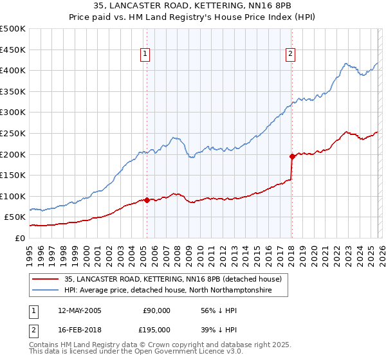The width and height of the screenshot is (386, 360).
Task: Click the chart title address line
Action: (x=192, y=6)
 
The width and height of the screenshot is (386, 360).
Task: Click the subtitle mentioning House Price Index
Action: (x=192, y=18)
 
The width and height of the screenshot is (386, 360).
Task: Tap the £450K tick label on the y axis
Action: (x=13, y=50)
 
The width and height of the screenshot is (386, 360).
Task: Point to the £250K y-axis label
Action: (x=13, y=133)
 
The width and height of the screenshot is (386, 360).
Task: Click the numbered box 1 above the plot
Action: (x=146, y=55)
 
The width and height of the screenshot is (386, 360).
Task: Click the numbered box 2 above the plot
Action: (x=291, y=55)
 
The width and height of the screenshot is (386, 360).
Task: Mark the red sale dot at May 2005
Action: (x=147, y=200)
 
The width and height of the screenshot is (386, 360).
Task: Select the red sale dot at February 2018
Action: (x=291, y=156)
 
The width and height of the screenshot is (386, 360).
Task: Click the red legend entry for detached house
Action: (x=173, y=280)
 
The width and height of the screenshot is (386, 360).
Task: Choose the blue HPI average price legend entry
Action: (x=168, y=291)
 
